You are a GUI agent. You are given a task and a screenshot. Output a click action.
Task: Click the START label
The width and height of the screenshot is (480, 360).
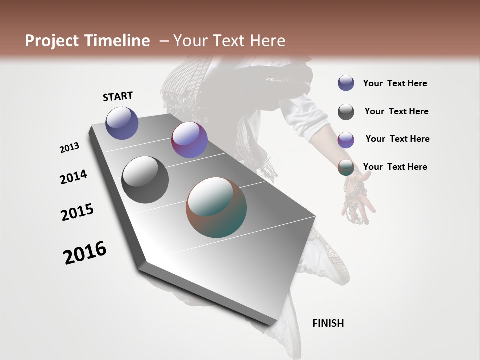(x=118, y=96)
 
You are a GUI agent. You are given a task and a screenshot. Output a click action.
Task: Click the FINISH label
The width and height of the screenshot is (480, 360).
(x=328, y=323)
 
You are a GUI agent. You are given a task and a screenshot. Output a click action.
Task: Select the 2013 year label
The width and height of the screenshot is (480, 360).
(x=69, y=148)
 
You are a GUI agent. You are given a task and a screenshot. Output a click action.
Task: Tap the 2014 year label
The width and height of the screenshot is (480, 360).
(x=73, y=177)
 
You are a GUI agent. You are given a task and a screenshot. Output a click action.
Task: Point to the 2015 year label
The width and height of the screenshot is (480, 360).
(x=77, y=212)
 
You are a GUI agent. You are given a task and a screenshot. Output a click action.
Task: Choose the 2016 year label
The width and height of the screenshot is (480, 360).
(x=85, y=253)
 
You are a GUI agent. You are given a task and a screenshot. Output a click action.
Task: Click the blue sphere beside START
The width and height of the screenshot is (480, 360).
(x=122, y=123)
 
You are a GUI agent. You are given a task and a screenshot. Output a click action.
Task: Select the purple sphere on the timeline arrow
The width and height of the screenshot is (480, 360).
(x=189, y=140)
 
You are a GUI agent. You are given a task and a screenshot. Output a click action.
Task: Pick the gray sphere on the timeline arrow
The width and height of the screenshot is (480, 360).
(x=145, y=180)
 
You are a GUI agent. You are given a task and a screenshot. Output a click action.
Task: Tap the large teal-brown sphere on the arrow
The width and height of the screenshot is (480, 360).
(x=216, y=207)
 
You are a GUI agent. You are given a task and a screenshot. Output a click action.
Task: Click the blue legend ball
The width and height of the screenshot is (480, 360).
(x=346, y=83)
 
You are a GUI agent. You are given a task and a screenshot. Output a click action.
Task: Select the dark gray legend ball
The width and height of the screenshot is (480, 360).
(x=346, y=112)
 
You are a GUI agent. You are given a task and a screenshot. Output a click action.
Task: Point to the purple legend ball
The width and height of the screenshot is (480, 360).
(x=346, y=140)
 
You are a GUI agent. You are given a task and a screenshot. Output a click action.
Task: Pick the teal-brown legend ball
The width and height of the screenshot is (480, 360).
(x=346, y=167)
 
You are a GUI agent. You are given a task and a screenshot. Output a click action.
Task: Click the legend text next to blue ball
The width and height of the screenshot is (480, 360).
(x=395, y=83)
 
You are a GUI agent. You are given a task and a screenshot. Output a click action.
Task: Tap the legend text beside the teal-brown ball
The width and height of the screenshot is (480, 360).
(x=395, y=167)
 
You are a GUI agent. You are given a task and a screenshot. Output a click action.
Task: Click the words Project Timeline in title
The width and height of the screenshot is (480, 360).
(x=87, y=41)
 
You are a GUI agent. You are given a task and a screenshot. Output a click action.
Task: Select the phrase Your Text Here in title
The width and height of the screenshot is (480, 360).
(x=229, y=41)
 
